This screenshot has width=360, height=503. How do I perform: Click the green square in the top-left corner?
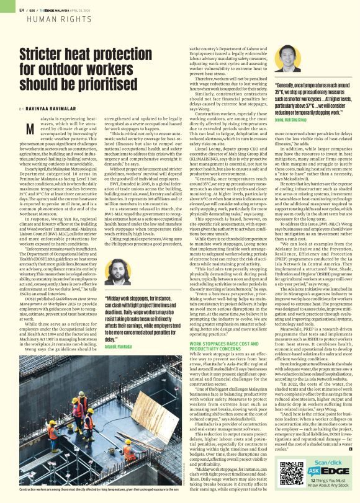click(x=5, y=4)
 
